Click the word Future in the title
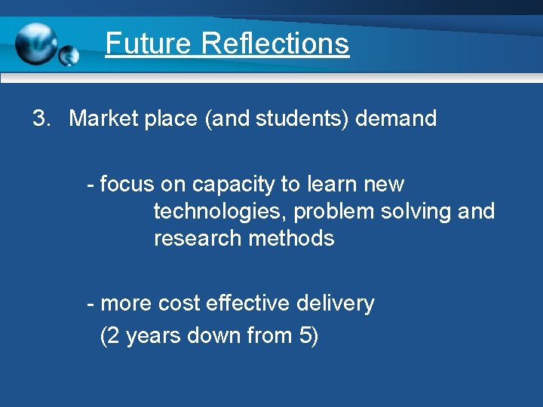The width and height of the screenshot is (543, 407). [149, 43]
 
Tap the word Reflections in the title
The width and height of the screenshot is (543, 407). [275, 43]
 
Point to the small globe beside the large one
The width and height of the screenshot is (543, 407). [69, 55]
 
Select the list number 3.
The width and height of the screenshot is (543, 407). [41, 118]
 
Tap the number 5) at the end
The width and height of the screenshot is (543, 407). [309, 335]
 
